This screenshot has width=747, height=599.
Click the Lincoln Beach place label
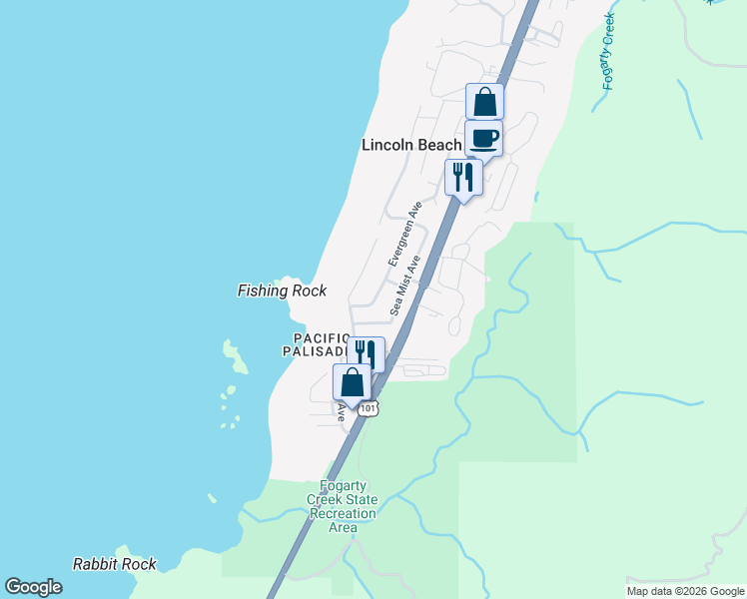click(x=411, y=145)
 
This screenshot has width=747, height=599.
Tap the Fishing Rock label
click(x=282, y=292)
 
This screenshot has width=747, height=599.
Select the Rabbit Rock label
click(x=115, y=564)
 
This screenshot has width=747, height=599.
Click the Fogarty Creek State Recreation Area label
click(x=342, y=506)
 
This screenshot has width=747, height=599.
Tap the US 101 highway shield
click(x=369, y=408)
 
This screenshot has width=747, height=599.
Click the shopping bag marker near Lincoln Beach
click(x=484, y=101)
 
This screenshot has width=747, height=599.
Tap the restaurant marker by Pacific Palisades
click(x=366, y=353)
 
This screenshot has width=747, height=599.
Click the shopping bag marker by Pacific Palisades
click(x=352, y=381)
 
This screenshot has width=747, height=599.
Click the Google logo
click(x=33, y=587)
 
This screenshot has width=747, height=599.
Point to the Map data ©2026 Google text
click(x=685, y=591)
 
